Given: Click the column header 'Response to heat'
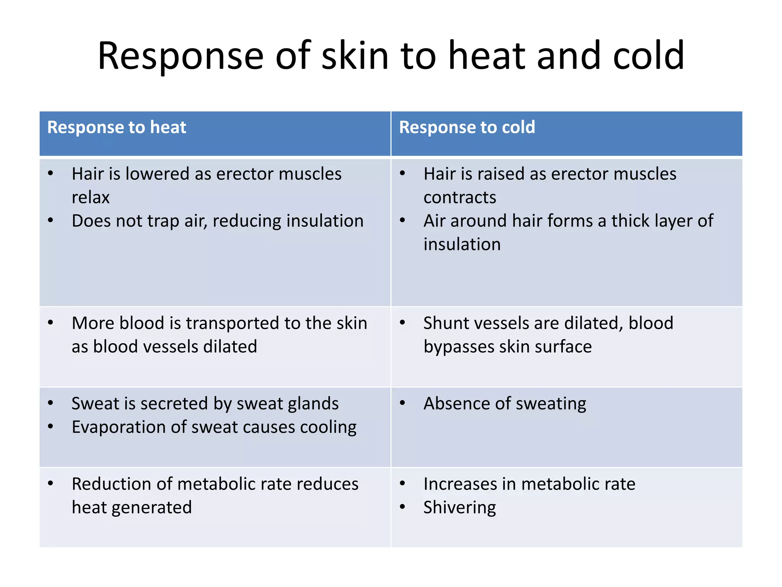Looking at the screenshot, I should point(116,127).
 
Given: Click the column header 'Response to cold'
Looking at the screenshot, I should point(467,127).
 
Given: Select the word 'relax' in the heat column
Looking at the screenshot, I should point(90,198).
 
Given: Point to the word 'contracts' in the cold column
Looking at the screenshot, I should point(460,198).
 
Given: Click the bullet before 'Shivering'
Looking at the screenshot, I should point(402,507).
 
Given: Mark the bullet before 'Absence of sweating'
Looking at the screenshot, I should point(402,403).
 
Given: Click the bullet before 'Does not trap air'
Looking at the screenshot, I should point(50,221).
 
